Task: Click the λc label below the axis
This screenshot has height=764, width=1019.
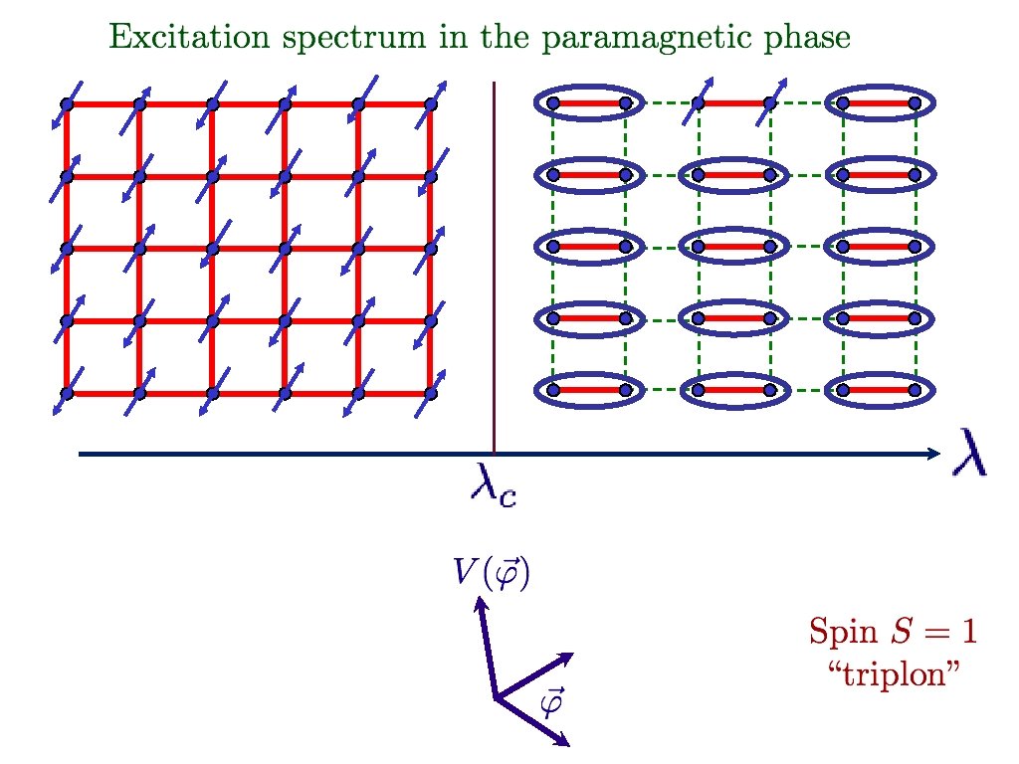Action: tap(493, 487)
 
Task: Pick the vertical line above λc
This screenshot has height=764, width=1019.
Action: tap(495, 269)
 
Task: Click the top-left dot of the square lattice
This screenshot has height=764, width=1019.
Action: tap(67, 103)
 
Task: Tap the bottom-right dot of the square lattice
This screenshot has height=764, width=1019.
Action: tap(430, 393)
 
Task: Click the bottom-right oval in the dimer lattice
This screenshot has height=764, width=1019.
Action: tap(879, 391)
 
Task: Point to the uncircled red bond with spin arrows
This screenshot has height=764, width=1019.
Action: tap(733, 101)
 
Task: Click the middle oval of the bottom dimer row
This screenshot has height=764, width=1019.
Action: tap(733, 391)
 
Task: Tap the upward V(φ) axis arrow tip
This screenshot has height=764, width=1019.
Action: tap(480, 600)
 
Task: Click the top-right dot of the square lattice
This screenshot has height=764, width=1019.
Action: tap(430, 103)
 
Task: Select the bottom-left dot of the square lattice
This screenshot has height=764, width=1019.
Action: tap(67, 393)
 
